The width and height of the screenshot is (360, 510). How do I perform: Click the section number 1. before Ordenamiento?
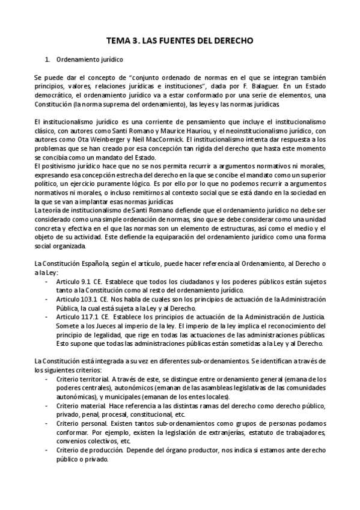click(48, 60)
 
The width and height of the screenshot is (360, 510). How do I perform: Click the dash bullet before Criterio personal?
click(47, 424)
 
